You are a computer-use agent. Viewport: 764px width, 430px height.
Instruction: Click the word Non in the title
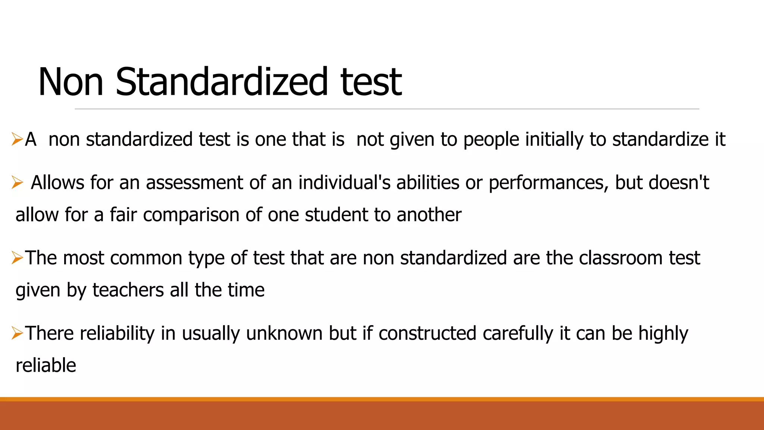pyautogui.click(x=71, y=82)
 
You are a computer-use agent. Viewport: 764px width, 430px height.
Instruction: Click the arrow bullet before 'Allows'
pyautogui.click(x=17, y=183)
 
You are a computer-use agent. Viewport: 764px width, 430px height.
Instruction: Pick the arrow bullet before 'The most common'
pyautogui.click(x=17, y=258)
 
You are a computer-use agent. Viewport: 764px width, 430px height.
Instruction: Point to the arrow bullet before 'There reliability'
pyautogui.click(x=17, y=333)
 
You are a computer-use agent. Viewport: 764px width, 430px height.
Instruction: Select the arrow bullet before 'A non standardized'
pyautogui.click(x=17, y=139)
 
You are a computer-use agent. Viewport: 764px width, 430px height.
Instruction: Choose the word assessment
pyautogui.click(x=194, y=183)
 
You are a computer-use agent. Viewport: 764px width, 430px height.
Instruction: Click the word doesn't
pyautogui.click(x=679, y=183)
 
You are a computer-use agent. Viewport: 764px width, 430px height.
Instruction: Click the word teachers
pyautogui.click(x=128, y=290)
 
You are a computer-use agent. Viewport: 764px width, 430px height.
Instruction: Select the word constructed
pyautogui.click(x=427, y=333)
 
